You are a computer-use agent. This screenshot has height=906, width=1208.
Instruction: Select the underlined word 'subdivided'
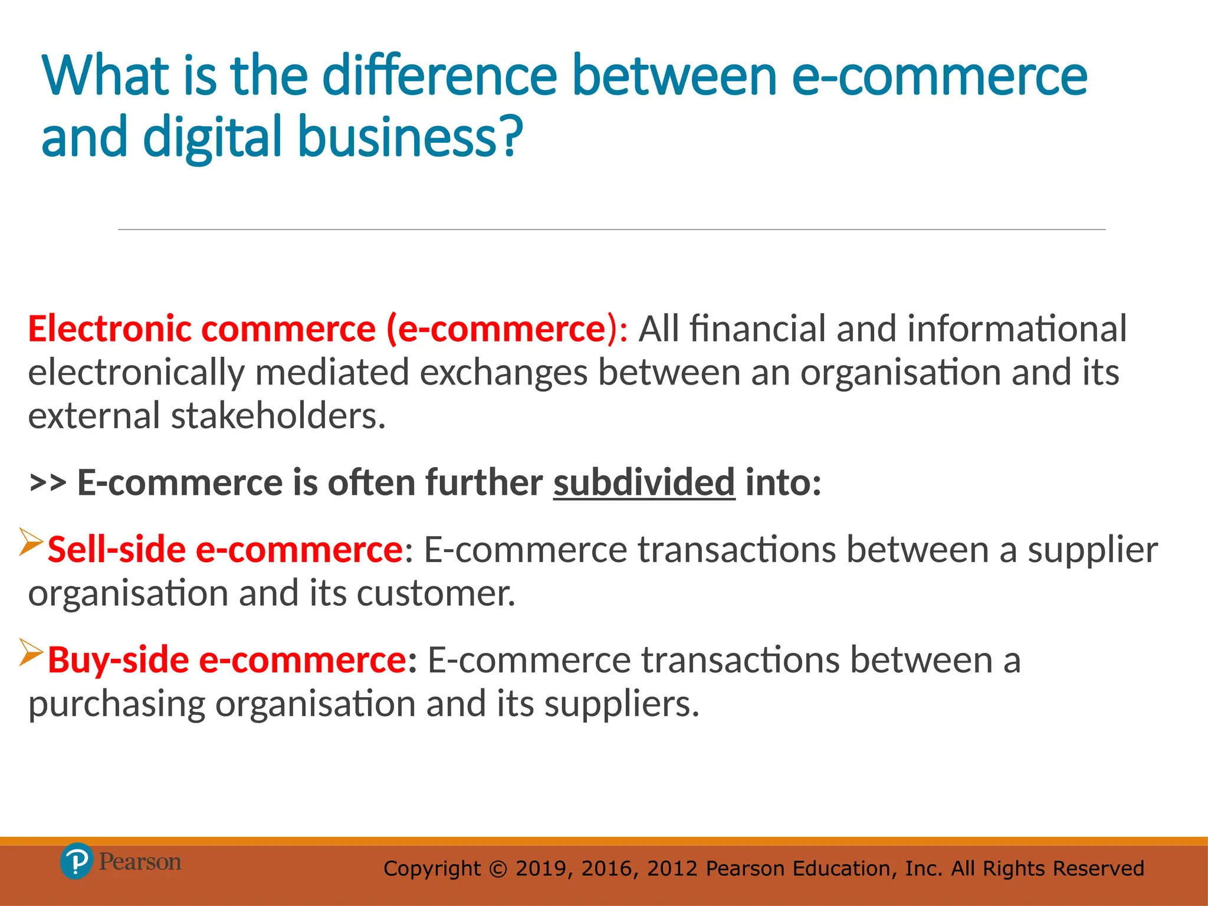pos(644,482)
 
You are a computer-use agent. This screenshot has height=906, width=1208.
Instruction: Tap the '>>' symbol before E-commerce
pos(47,482)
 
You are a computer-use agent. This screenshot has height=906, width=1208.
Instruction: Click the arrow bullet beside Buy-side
pos(31,652)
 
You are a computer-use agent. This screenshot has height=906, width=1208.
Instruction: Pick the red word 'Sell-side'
pos(117,550)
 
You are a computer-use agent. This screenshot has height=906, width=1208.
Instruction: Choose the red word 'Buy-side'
pos(119,659)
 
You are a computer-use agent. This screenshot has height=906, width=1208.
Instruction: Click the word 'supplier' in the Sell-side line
pos(1093,550)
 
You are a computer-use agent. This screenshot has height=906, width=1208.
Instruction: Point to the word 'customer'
pos(435,593)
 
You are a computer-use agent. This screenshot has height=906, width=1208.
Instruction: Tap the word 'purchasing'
pos(116,704)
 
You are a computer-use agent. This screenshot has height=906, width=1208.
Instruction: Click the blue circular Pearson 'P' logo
pos(77,862)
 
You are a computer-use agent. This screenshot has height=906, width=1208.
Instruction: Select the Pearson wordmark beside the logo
pos(140,862)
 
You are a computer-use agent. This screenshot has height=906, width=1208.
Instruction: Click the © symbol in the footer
pos(498,869)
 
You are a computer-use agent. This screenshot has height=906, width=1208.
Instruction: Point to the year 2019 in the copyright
pos(541,869)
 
